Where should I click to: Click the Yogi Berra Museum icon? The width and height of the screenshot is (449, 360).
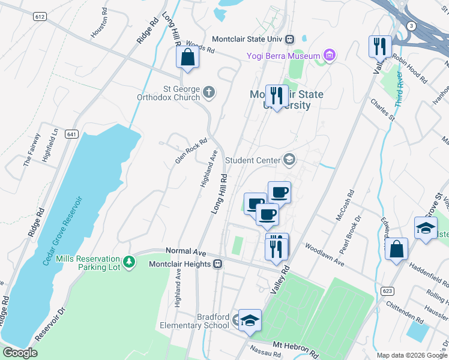coord(329,56)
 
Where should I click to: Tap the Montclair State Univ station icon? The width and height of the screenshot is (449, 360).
coord(290,39)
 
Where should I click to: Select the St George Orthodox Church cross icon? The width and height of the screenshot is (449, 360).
coord(208,92)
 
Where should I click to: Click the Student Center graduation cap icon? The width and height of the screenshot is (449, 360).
coord(289,160)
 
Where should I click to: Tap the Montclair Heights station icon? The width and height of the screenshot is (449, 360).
coord(218,264)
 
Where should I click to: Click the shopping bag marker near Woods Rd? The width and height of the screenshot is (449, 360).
coord(188,58)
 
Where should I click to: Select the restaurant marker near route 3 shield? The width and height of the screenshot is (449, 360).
coord(380,46)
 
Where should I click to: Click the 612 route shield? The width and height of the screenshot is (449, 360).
coord(40,17)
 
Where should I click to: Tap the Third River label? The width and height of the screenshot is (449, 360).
coord(400,89)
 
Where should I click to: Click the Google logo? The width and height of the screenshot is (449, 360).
coord(20,353)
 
